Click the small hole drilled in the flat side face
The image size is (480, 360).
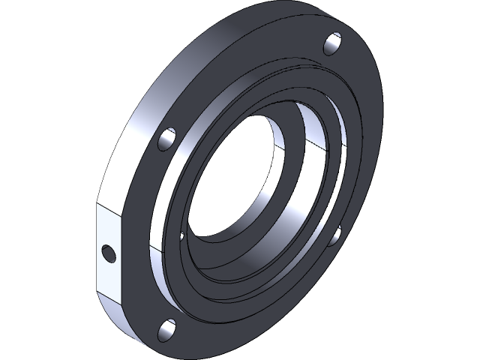pyautogui.click(x=109, y=253)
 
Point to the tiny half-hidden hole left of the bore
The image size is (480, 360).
pyautogui.click(x=182, y=236)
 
